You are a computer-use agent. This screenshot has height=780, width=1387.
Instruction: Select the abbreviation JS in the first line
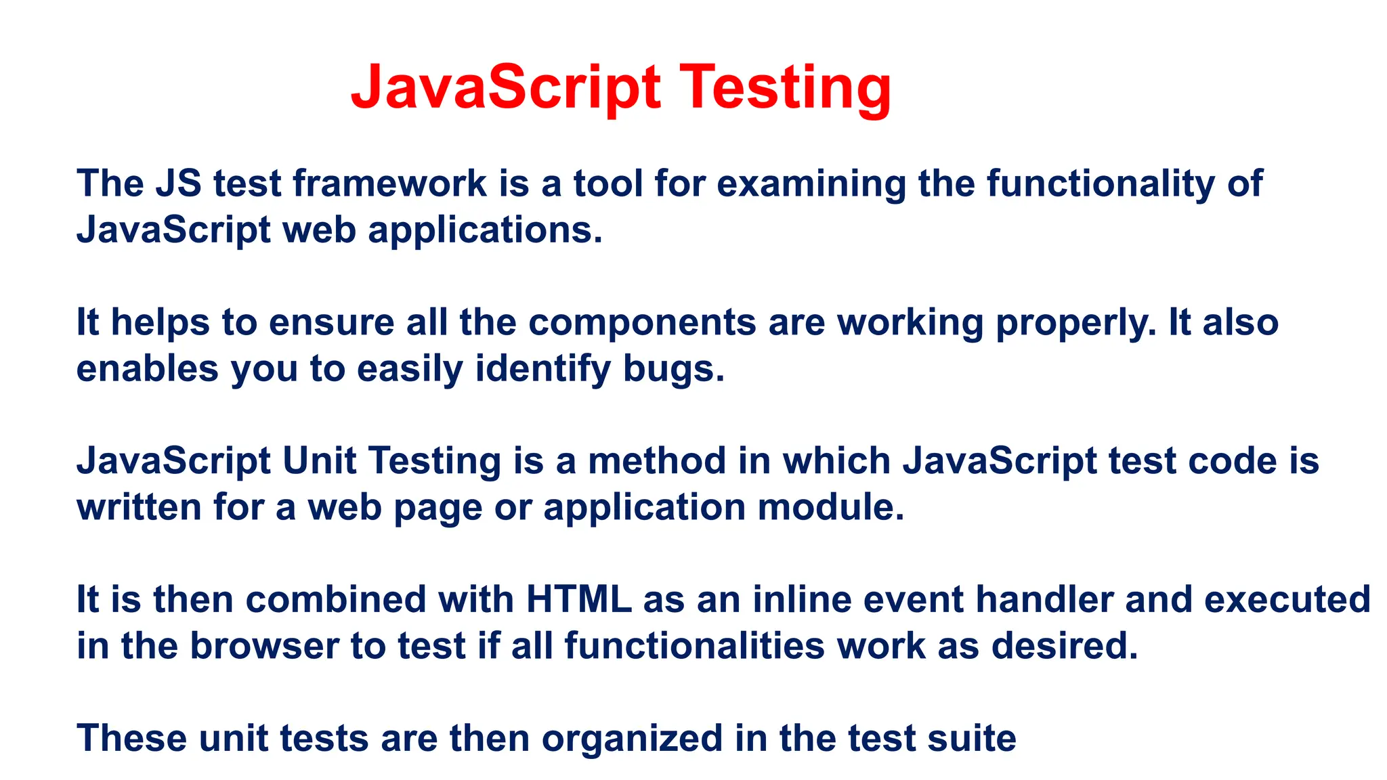click(x=178, y=183)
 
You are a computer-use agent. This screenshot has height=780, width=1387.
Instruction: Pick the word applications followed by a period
click(x=484, y=230)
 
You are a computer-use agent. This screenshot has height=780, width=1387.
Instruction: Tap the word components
click(x=641, y=322)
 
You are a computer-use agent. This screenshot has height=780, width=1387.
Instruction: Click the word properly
click(x=1075, y=324)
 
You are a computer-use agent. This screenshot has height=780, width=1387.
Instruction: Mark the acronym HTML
click(x=578, y=599)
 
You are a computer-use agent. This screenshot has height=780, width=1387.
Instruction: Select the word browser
click(x=264, y=646)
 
